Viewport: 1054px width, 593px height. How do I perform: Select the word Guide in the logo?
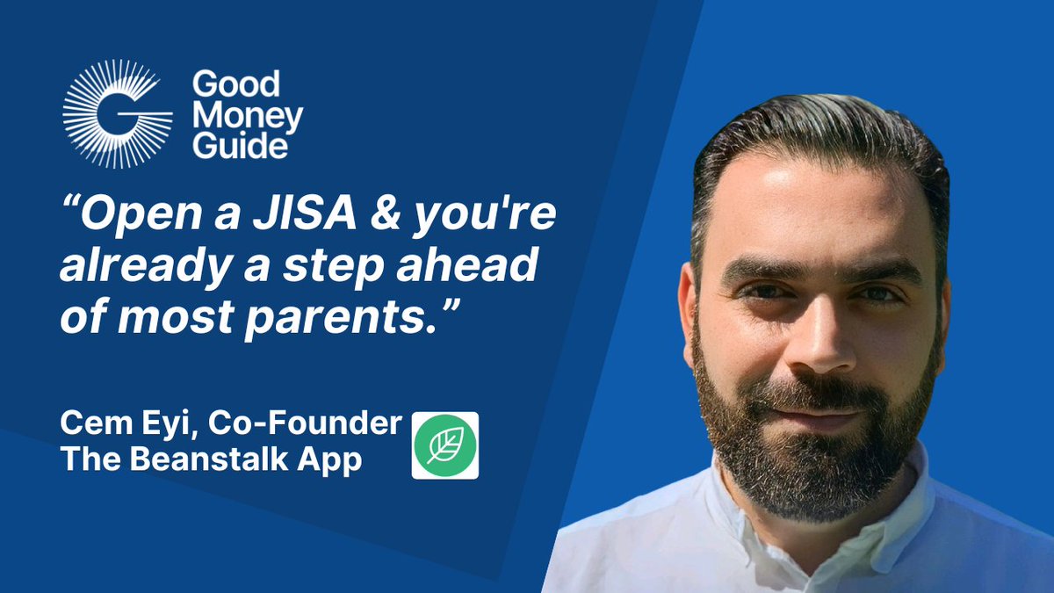tap(240, 146)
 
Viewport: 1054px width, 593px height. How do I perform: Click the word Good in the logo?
tap(235, 85)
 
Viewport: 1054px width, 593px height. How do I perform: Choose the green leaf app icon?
tap(445, 445)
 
